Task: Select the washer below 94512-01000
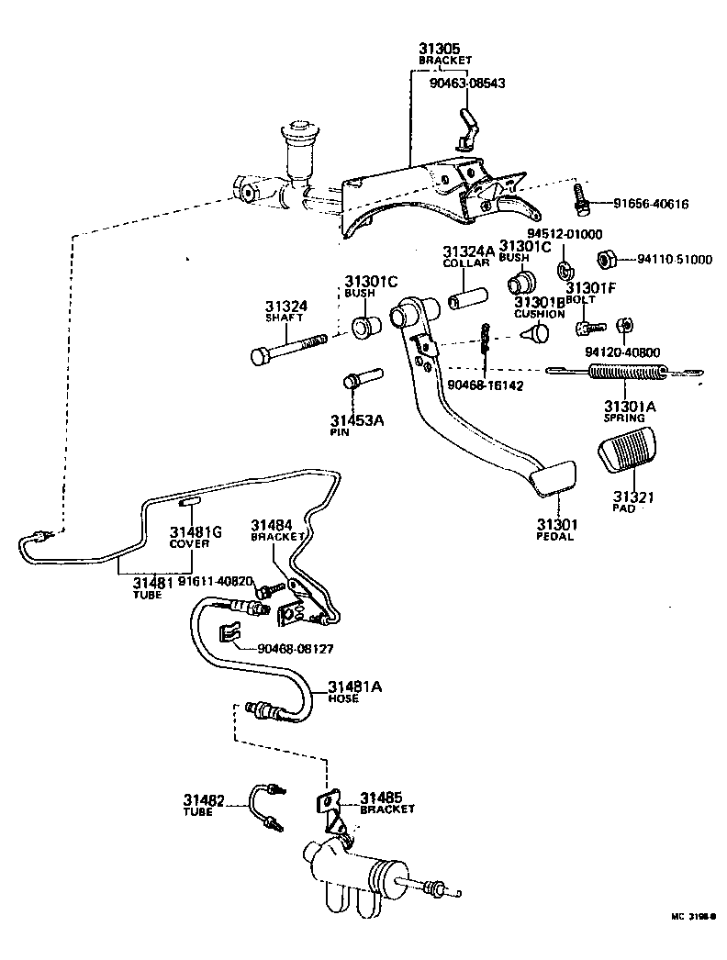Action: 565,272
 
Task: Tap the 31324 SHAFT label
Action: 286,311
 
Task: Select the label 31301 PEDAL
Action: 554,530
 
